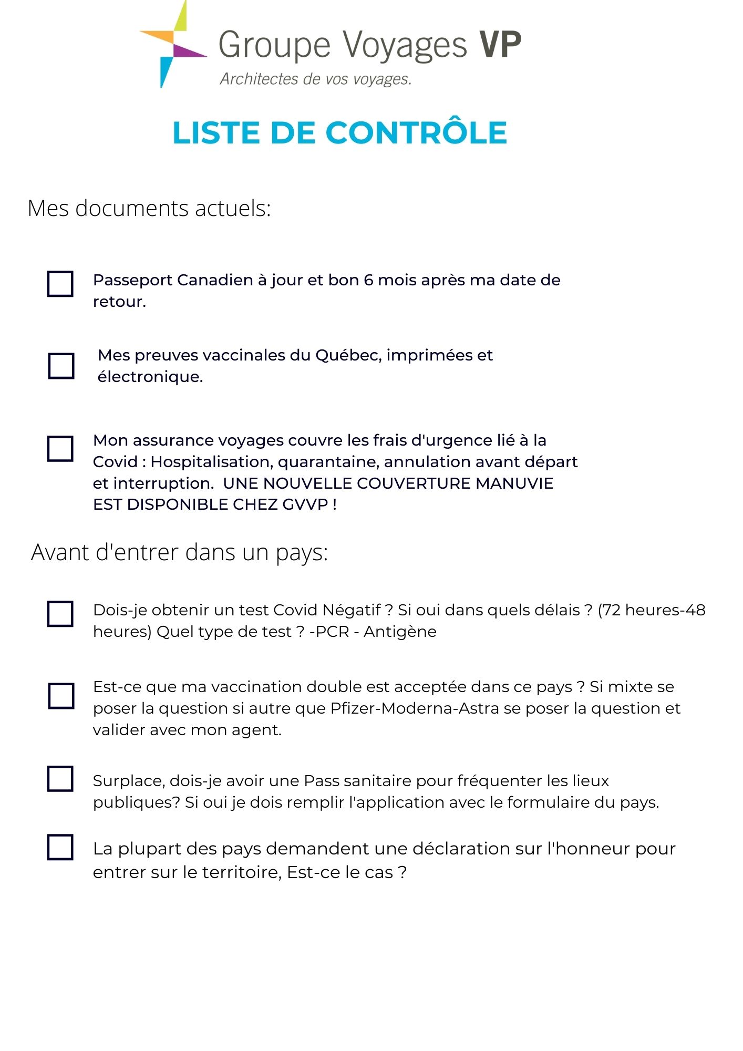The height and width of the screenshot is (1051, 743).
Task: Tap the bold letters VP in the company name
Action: pos(500,45)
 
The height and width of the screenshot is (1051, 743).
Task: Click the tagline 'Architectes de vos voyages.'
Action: pos(315,79)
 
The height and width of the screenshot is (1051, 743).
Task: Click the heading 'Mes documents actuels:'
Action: pos(149,208)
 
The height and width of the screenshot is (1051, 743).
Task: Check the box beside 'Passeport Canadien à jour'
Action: pos(60,284)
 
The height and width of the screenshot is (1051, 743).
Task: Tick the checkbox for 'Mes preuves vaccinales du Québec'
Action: pos(61,366)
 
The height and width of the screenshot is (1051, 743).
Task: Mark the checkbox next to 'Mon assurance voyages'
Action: pos(60,449)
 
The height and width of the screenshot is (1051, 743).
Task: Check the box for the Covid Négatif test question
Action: pos(60,614)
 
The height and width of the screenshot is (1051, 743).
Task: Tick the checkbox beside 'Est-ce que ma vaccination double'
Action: pos(61,696)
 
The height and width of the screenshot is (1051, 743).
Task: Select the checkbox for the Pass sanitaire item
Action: pos(60,779)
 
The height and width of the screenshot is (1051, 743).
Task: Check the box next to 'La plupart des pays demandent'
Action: pos(60,847)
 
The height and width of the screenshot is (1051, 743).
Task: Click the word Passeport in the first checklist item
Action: pos(131,280)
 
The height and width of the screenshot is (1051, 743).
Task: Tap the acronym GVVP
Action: pos(305,504)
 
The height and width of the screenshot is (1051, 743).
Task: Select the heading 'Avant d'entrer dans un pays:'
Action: pos(179,552)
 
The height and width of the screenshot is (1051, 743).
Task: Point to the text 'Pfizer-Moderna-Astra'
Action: pos(415,708)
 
